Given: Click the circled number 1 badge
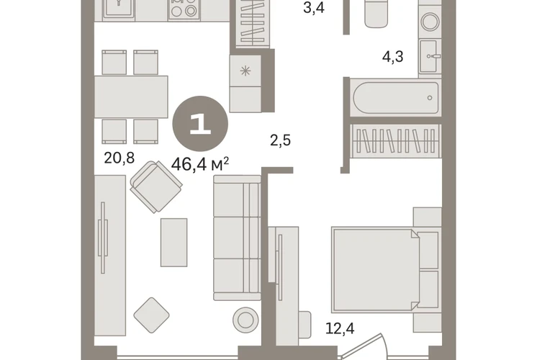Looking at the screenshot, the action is click(200, 124).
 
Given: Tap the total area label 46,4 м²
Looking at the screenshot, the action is click(200, 164).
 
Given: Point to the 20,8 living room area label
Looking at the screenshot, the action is click(119, 158).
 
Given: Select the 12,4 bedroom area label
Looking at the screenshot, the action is click(340, 328).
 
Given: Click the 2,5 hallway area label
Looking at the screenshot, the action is click(281, 140).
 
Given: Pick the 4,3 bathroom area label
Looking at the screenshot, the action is click(393, 56).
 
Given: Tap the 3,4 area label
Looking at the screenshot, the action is click(314, 7).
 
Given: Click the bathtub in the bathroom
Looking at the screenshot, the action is click(396, 98).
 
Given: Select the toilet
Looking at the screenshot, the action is click(376, 13).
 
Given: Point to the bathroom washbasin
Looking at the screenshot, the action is click(430, 56).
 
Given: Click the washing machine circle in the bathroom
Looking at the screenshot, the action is click(430, 22).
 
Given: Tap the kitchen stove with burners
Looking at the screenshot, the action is click(184, 9).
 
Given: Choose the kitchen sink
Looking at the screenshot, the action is click(119, 9).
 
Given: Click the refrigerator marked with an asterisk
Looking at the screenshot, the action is click(245, 84).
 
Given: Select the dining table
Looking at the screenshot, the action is click(131, 96).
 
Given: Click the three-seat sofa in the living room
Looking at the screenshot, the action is click(237, 238).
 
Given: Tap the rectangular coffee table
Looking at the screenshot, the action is click(174, 243).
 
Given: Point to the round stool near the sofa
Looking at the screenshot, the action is click(245, 320).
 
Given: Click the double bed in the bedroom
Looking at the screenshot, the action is click(385, 270).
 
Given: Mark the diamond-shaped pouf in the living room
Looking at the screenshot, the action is click(151, 315).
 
